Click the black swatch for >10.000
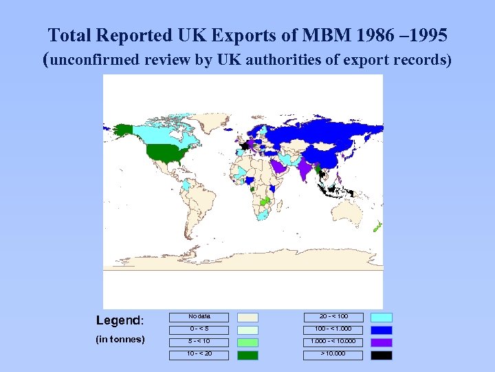(382, 355)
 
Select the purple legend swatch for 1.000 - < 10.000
(382, 342)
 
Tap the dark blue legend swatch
(382, 330)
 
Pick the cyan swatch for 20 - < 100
(382, 318)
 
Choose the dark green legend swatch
(247, 355)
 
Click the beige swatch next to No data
(247, 318)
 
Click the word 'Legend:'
(120, 320)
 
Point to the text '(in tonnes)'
(120, 339)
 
